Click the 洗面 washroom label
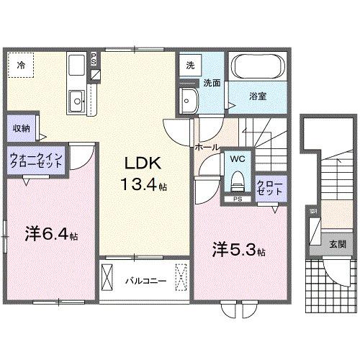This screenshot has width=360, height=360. coord(210,83)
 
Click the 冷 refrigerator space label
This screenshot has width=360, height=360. coord(21,66)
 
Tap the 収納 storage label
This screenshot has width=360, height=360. coord(21,128)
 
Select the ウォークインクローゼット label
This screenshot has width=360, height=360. coord(37,160)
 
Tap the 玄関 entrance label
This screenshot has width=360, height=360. coord(337,244)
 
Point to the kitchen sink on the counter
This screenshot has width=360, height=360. coord(76,97)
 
